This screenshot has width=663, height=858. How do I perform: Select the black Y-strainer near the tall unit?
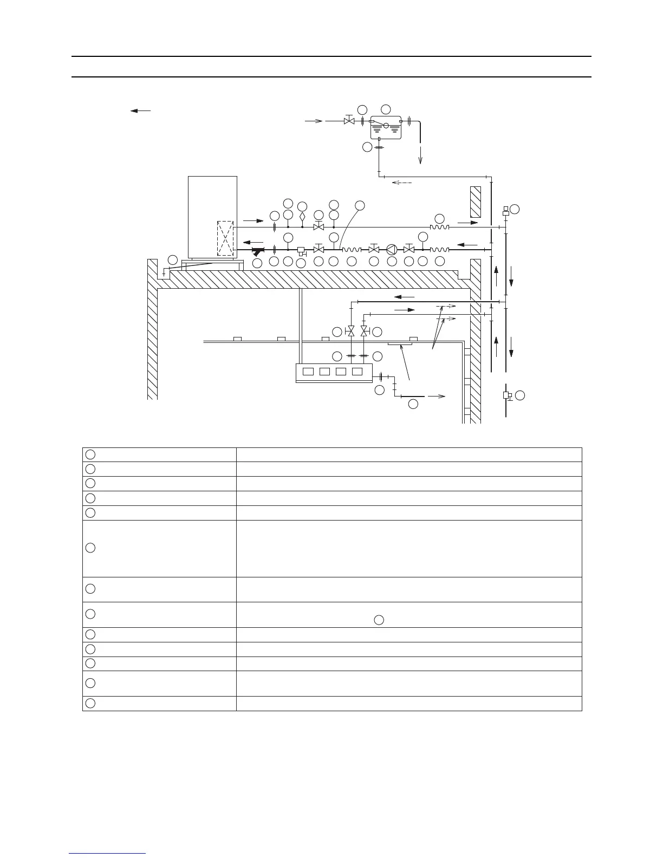pos(258,252)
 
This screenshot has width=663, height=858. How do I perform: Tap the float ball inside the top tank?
pos(386,126)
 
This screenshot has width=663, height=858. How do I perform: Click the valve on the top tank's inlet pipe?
pos(349,121)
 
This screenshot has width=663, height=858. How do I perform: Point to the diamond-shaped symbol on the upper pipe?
pos(302,217)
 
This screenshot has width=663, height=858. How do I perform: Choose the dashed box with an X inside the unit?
pos(225,238)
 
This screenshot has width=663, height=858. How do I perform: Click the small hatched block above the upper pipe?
pos(476,202)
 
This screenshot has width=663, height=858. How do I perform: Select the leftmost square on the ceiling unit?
pos(308,372)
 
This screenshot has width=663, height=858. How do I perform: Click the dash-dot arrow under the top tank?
pos(401,183)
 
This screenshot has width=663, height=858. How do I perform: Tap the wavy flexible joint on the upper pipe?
pos(439,227)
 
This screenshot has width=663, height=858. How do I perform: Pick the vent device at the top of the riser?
pos(506,211)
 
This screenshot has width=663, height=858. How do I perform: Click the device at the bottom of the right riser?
pos(506,395)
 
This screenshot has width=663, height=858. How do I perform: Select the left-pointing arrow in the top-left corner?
pos(140,110)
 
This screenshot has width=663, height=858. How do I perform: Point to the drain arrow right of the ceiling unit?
pos(437,396)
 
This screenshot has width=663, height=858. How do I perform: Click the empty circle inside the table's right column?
pos(379,620)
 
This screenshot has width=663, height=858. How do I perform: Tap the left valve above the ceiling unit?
pos(350,330)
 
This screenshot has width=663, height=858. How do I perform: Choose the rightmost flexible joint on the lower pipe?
pos(439,250)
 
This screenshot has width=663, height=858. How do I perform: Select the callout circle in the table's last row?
pos(91,703)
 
